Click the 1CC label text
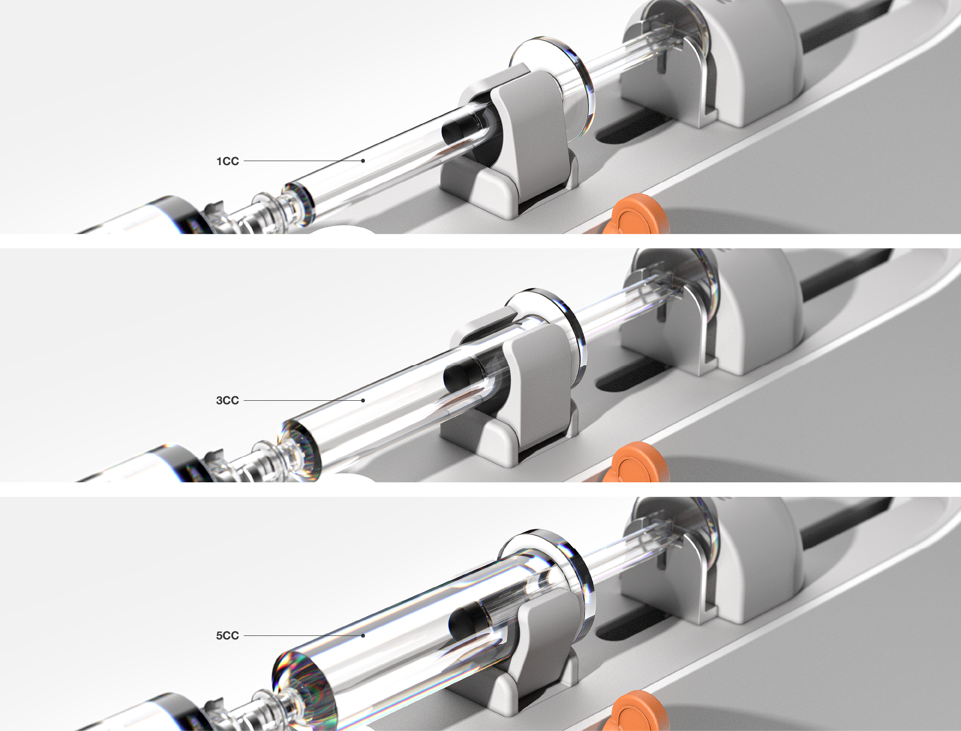227,161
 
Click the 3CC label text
227,400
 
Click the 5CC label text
227,635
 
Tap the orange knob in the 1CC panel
637,215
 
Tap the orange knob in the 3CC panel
637,463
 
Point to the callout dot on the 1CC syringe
363,161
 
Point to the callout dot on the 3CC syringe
363,400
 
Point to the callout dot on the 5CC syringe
363,635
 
